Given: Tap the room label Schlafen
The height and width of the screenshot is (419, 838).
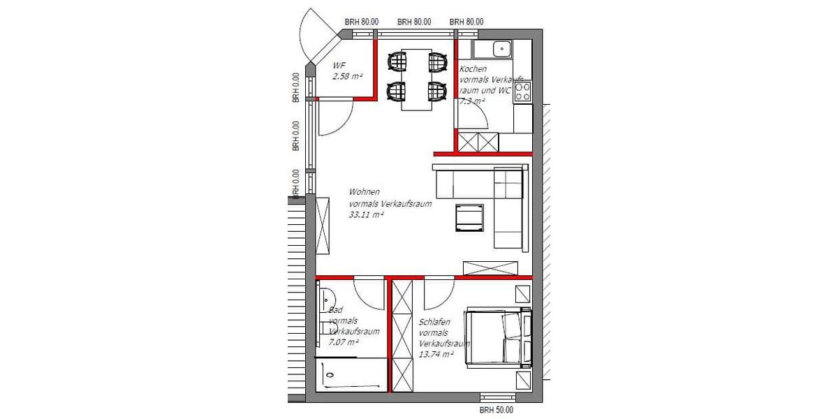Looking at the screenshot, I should click(434, 322).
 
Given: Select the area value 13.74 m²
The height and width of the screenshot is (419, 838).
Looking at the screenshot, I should click(436, 354).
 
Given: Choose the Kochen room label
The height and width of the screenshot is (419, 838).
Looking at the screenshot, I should click(473, 69).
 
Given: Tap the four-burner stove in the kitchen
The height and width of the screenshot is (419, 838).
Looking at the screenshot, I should click(522, 93).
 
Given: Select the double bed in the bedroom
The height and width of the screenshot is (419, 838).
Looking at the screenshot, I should click(497, 338).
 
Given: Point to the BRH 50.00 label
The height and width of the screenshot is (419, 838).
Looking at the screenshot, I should click(497, 411).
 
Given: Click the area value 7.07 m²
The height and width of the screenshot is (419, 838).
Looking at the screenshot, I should click(344, 343).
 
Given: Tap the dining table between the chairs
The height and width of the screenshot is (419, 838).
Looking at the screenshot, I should click(416, 78).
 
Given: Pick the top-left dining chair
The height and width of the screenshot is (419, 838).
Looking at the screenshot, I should click(398, 62).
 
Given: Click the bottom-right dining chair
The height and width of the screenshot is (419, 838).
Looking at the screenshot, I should click(437, 91).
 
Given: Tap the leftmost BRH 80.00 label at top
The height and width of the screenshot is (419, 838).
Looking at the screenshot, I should click(362, 22).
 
